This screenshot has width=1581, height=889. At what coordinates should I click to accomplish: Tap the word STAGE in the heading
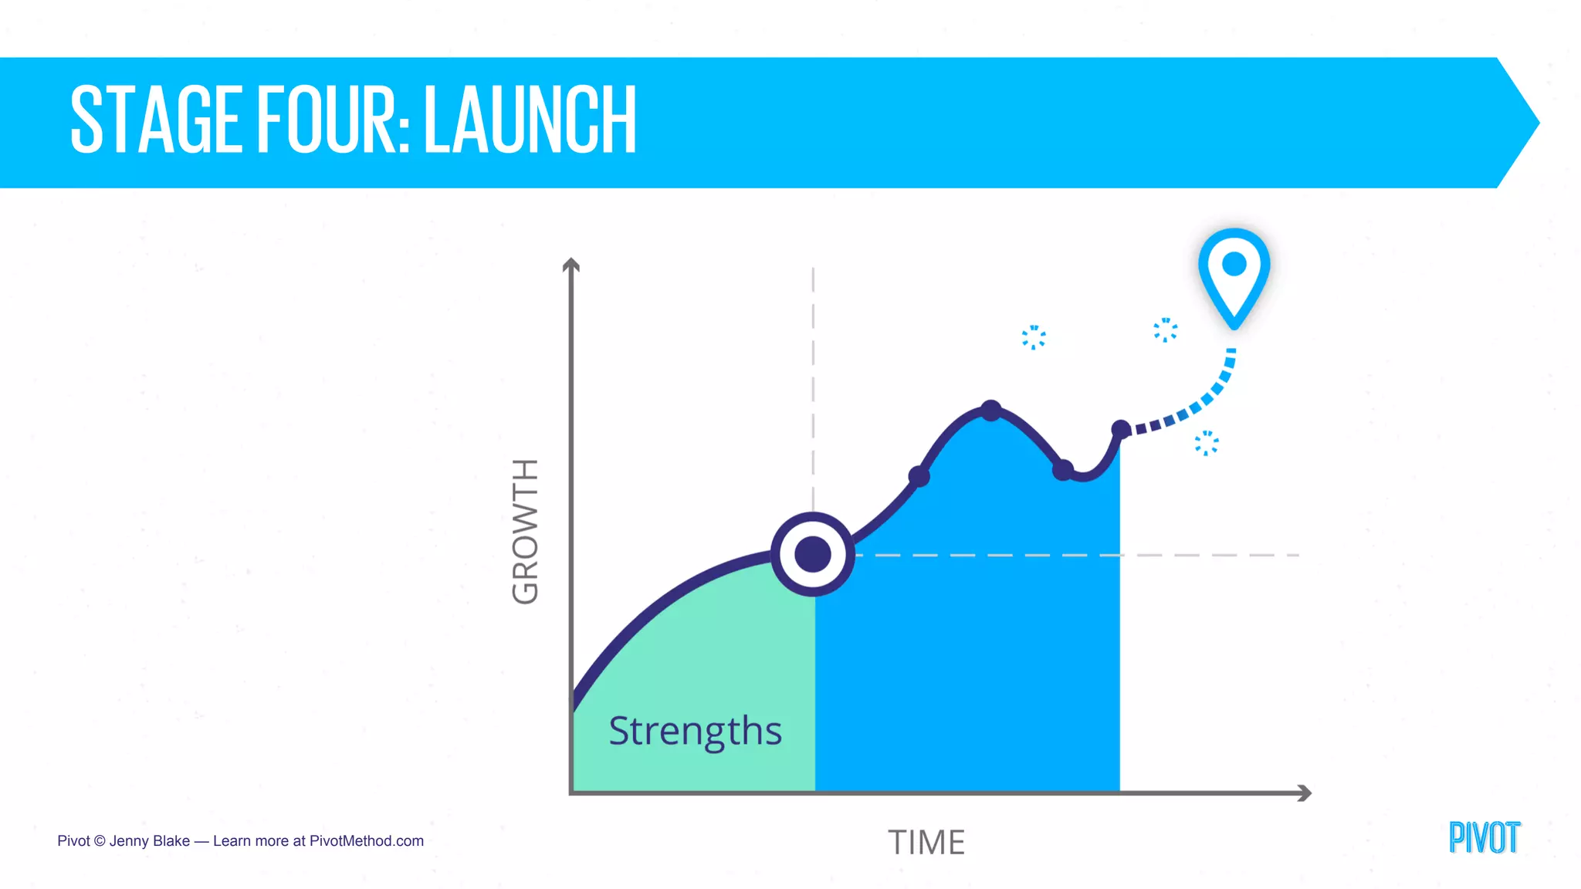[x=154, y=120]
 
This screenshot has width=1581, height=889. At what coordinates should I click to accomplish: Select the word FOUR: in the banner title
[x=333, y=120]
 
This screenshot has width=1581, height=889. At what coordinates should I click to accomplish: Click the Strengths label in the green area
[x=695, y=730]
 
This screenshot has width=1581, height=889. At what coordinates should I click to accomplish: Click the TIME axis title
[x=926, y=842]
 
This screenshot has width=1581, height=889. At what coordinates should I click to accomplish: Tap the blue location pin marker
[x=1234, y=274]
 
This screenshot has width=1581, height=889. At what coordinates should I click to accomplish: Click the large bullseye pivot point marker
[x=813, y=554]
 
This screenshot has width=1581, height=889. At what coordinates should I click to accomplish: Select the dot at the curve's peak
[x=991, y=411]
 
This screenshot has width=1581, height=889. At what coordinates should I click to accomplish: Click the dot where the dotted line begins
[x=1121, y=430]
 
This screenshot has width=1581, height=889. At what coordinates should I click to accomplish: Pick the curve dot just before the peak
[x=919, y=476]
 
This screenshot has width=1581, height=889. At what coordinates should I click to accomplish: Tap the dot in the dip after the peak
[x=1063, y=469]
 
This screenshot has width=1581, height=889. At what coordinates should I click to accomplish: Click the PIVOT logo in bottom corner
[x=1484, y=838]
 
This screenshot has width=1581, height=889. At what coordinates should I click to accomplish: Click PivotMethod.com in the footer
[x=366, y=840]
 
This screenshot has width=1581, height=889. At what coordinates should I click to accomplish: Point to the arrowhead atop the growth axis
[x=570, y=265]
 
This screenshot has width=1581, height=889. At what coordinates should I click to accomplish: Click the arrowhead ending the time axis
[x=1305, y=793]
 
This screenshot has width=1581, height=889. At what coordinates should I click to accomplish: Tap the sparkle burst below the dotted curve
[x=1207, y=443]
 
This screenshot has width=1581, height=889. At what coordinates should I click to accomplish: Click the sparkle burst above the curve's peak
[x=1034, y=337]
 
